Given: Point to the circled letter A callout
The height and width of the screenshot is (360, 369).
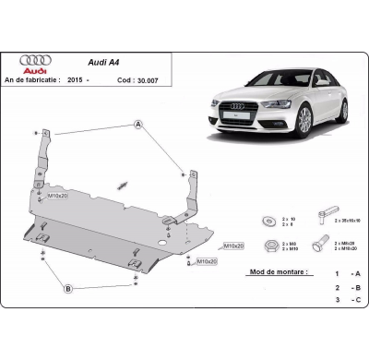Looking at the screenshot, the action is pos(138,125).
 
